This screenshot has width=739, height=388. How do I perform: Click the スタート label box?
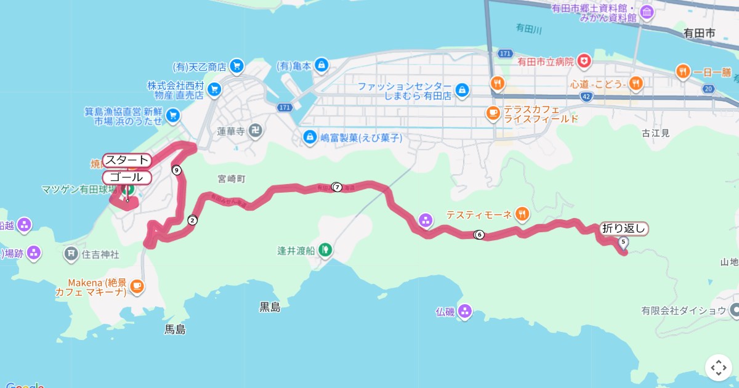[126, 160]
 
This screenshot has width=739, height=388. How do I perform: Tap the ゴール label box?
[126, 177]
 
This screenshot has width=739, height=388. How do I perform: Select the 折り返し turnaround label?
[623, 228]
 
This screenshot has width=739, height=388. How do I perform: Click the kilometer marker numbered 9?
[177, 170]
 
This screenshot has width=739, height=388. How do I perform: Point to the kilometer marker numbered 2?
[193, 220]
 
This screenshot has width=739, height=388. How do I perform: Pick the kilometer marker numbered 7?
[337, 187]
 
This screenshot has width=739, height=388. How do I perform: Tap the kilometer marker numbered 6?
[479, 235]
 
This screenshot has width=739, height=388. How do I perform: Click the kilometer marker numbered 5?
[623, 242]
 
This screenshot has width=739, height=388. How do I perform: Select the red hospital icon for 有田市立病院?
[583, 62]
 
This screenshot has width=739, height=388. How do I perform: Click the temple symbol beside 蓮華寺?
[256, 131]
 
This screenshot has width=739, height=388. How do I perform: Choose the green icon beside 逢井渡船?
[325, 250]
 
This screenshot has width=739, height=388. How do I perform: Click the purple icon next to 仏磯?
[464, 312]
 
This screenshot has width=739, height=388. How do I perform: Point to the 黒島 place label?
[270, 307]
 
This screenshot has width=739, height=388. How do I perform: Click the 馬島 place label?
[175, 329]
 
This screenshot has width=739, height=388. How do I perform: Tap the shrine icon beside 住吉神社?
[71, 253]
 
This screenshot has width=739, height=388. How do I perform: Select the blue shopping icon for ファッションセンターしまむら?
[462, 91]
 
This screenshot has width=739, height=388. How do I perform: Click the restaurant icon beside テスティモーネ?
[522, 214]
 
